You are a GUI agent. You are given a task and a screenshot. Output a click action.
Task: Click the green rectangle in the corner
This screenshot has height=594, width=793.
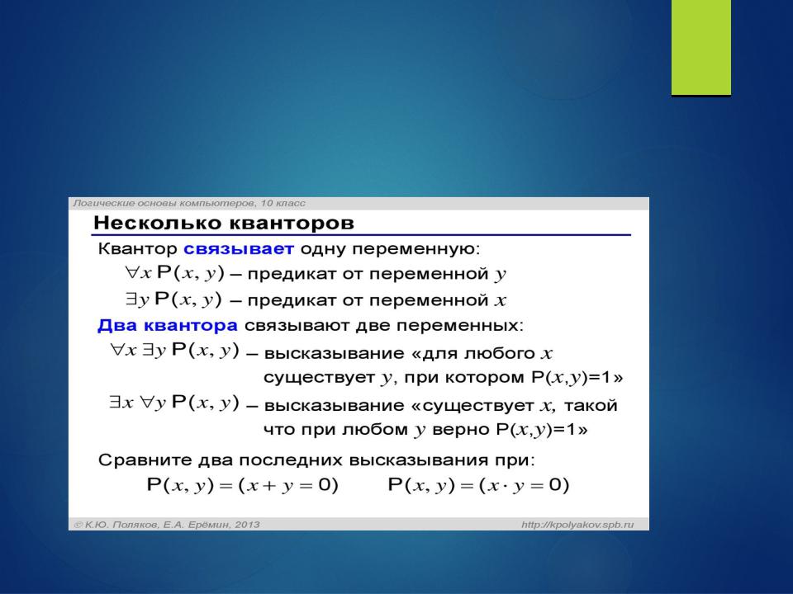coord(701,47)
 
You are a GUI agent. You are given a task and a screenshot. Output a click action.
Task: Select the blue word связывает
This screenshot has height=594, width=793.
coord(238,248)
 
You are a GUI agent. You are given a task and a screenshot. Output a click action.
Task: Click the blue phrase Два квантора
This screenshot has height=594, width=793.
coord(168,325)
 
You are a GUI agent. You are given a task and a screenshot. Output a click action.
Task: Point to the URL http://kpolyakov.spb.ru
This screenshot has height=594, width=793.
coord(577,525)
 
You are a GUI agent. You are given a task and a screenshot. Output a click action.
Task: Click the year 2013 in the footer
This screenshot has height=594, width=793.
coord(247,525)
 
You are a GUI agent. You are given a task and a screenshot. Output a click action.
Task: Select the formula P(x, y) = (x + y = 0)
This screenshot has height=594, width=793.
coord(242,485)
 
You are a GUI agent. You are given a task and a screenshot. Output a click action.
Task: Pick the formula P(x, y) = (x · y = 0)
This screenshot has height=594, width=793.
coord(478,485)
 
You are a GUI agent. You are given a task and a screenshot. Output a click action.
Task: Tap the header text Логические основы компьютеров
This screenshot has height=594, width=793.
coord(164,204)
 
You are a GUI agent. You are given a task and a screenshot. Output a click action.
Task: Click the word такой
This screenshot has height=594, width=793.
coord(590,405)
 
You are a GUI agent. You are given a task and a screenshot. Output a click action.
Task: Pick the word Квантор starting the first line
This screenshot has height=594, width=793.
coord(137,248)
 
